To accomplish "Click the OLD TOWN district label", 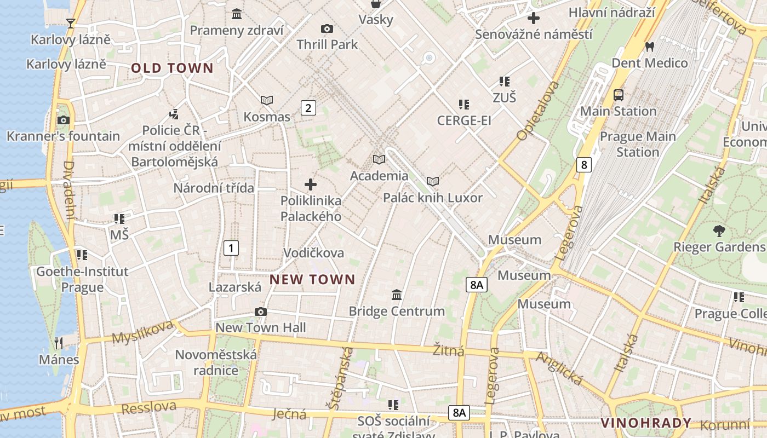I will (172, 68).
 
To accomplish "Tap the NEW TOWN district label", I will (312, 280).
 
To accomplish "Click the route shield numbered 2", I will (308, 108).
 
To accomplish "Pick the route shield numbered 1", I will (231, 248).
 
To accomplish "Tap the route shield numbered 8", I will (585, 164).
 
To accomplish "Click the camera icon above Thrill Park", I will (327, 28).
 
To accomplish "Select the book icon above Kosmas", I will (267, 100).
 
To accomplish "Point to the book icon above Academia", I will (379, 159).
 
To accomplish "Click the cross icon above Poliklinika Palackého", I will (311, 185).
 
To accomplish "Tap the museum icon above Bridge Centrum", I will (397, 295).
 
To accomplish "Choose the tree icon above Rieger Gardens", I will (719, 230).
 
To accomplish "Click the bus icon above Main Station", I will (619, 95).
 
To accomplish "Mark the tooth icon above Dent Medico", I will (650, 47).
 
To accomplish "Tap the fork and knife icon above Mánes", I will (59, 343).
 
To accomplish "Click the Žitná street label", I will (449, 350).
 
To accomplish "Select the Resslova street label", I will (149, 407).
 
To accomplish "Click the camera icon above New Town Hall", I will (261, 312).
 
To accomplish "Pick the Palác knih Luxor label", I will (433, 198).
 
